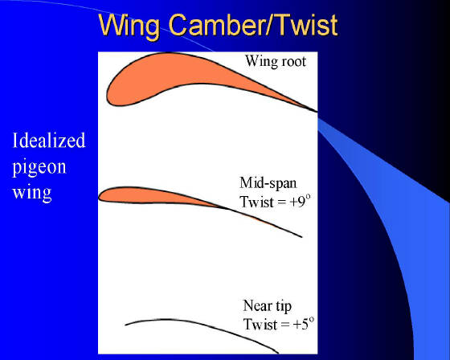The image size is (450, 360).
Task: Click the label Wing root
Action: click(275, 61)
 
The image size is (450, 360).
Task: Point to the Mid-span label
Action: click(268, 183)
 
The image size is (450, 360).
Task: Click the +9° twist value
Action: click(301, 201)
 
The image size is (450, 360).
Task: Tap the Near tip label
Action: click(267, 306)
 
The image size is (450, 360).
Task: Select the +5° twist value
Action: click(304, 324)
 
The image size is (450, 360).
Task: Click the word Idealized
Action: click(49, 141)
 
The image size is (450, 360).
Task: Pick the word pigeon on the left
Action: click(39, 167)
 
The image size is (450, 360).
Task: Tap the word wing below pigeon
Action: click(32, 192)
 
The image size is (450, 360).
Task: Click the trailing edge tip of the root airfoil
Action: click(317, 112)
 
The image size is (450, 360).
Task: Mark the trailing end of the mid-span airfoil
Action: click(301, 237)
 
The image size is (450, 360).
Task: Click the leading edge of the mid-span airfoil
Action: click(99, 198)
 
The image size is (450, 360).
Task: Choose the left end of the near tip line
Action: click(125, 325)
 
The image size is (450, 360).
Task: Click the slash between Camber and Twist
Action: click(273, 24)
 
